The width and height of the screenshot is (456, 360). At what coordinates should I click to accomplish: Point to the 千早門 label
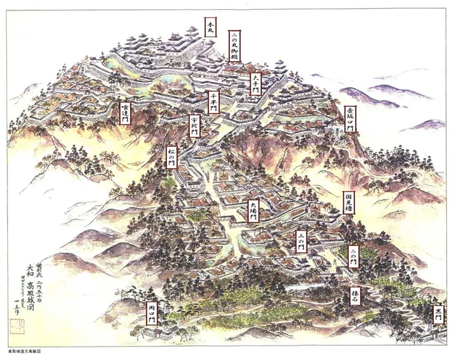[x=214, y=102]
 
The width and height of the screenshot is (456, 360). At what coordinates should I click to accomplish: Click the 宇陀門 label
[x=195, y=126]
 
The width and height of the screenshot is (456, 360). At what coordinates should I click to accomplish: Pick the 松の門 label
[x=172, y=157]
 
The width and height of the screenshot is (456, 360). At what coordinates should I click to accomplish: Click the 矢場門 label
[x=253, y=212]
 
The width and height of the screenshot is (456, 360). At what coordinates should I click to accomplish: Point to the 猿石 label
[x=355, y=297]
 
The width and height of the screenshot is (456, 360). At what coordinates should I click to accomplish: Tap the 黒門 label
[x=438, y=316]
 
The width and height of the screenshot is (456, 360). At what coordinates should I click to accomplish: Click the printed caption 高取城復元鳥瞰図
[x=25, y=355]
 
